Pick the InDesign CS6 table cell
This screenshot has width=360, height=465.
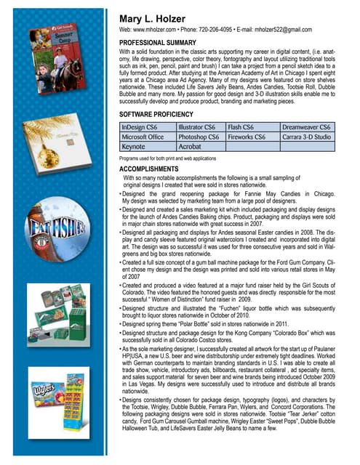[x=146, y=127]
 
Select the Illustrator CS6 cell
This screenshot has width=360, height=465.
[x=199, y=127]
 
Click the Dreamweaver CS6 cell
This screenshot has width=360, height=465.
[x=306, y=127]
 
